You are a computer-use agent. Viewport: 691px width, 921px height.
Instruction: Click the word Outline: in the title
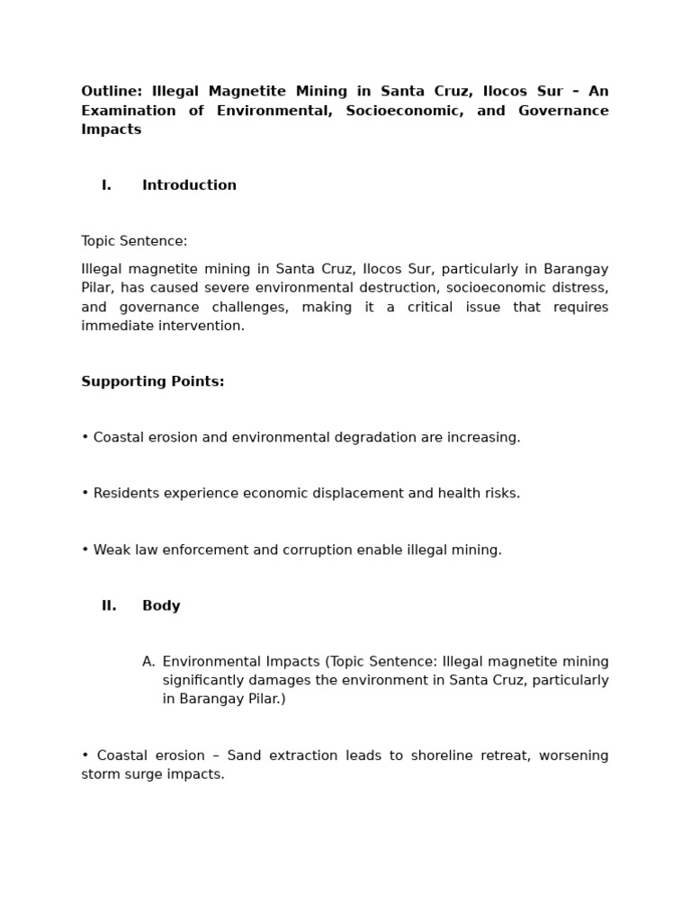[x=112, y=92]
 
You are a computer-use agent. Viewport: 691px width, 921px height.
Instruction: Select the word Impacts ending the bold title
[x=112, y=130]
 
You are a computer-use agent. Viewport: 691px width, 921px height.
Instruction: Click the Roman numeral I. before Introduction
[x=106, y=185]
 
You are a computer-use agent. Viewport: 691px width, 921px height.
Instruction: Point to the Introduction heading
[x=189, y=185]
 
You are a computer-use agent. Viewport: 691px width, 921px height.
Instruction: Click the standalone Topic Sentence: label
[x=134, y=241]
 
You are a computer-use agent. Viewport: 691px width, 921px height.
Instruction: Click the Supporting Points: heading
[x=153, y=381]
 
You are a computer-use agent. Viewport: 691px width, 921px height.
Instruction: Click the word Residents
[x=125, y=493]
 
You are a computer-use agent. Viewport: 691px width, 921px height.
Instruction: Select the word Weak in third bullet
[x=111, y=550]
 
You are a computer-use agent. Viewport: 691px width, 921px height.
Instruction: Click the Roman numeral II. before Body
[x=109, y=605]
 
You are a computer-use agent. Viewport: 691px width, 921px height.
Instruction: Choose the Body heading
[x=161, y=605]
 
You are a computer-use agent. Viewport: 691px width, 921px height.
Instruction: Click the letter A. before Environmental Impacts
[x=148, y=662]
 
